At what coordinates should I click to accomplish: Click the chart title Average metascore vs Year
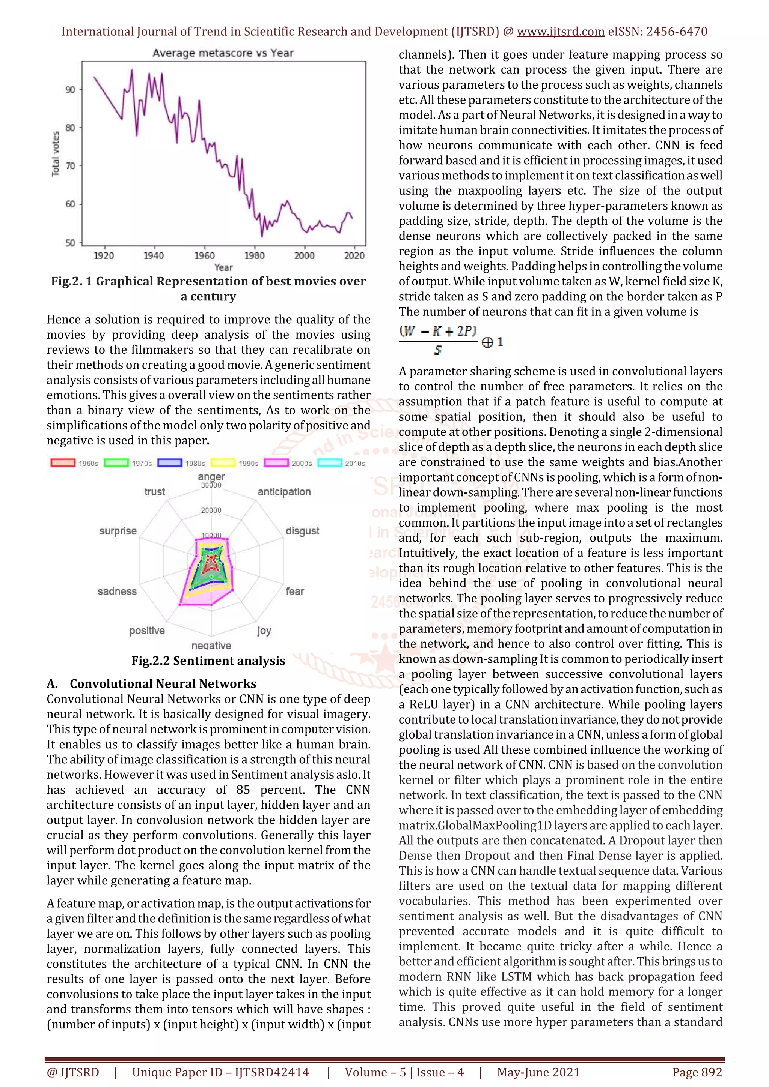pos(223,53)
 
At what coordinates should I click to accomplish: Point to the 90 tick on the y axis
pos(70,90)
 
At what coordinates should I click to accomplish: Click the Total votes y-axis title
pos(56,154)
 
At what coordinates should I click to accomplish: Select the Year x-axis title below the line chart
pos(223,267)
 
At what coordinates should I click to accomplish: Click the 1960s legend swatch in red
pos(63,463)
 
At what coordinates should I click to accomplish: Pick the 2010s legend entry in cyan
pos(342,463)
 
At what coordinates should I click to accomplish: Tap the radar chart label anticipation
pos(284,492)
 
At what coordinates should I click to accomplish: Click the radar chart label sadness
pos(117,591)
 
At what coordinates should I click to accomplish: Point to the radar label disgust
pos(302,531)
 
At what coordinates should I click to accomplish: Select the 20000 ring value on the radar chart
pos(211,510)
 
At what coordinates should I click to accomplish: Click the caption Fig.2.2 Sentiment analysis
pos(208,661)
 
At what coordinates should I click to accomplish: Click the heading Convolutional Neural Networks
pos(163,684)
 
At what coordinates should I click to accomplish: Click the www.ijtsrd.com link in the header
pos(560,32)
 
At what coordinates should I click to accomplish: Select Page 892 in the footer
pos(697,1072)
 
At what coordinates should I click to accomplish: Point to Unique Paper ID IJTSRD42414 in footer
pos(220,1072)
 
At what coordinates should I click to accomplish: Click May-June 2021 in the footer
pos(538,1072)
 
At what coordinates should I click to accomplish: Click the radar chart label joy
pos(264,631)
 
